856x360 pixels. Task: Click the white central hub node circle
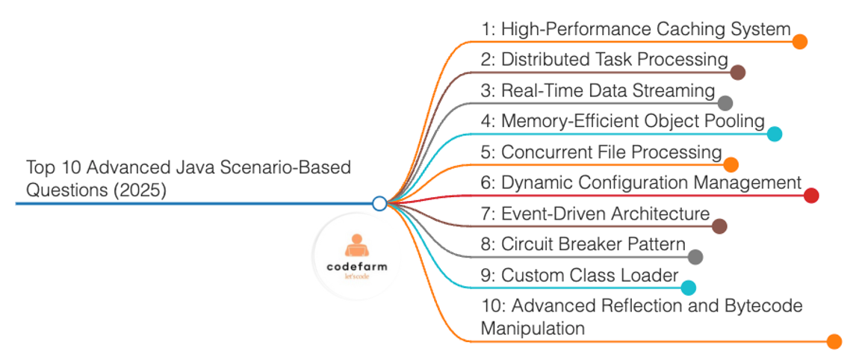coord(379,203)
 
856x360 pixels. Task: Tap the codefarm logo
coord(356,256)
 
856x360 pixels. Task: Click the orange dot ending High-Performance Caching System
coord(800,42)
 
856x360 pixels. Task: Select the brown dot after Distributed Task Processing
coord(737,72)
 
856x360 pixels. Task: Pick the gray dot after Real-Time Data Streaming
coord(725,103)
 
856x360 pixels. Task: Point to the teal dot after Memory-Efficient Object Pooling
coord(775,134)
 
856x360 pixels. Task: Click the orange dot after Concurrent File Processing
coord(731,164)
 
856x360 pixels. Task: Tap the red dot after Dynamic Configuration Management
coord(811,196)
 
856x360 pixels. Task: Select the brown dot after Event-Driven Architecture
coord(719,226)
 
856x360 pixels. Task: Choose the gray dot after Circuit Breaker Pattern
coord(695,257)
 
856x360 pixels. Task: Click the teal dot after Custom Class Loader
coord(688,288)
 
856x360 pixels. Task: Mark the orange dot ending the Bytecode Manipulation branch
coord(835,341)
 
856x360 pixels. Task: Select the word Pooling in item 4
coord(736,121)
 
